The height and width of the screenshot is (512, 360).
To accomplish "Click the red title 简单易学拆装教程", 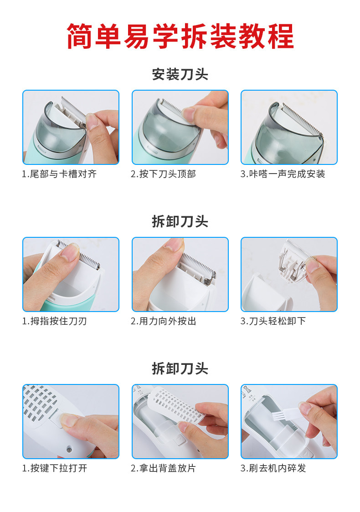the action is [180, 36].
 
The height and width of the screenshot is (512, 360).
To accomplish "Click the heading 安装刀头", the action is [180, 74].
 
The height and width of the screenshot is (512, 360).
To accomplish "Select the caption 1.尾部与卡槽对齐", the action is [59, 174].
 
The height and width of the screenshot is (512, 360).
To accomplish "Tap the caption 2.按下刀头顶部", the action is [163, 174].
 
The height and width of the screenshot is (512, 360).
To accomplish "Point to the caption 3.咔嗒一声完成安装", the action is [283, 174].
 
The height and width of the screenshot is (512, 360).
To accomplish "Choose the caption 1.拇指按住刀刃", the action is [54, 321].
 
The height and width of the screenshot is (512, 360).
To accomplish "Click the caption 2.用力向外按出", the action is [163, 321].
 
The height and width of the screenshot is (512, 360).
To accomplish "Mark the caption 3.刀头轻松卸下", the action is [273, 321].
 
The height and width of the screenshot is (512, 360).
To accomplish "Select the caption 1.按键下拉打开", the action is [55, 468].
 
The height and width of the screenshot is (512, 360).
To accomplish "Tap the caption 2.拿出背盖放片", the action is [163, 468].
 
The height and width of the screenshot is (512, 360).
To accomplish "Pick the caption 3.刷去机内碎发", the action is [273, 468].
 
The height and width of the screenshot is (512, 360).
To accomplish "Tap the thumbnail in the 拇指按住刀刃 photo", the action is [70, 251].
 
